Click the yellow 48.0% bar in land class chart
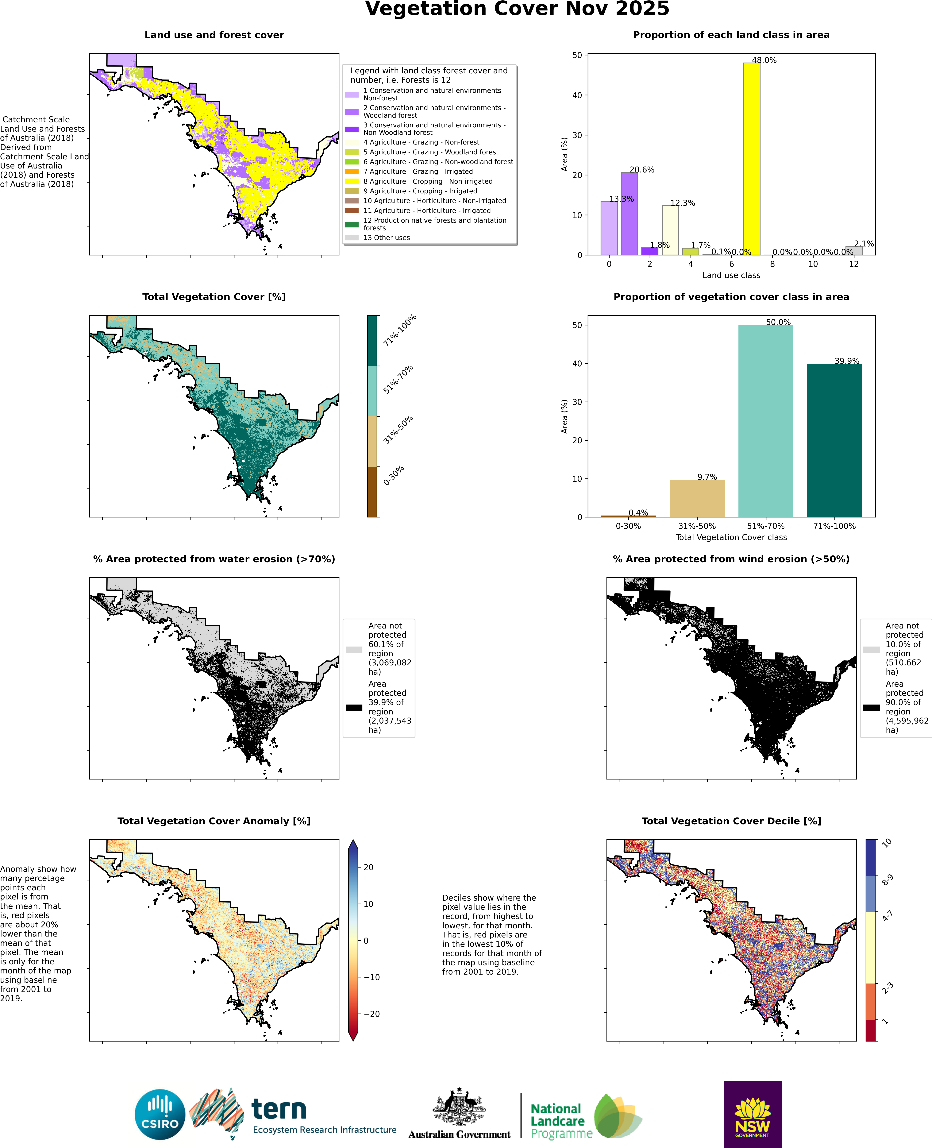[x=752, y=158]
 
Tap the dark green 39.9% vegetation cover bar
[x=834, y=440]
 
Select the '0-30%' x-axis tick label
[x=628, y=526]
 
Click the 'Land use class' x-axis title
[x=731, y=276]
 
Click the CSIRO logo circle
[x=160, y=1115]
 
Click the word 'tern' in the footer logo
[x=279, y=1109]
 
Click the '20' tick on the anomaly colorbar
[x=368, y=867]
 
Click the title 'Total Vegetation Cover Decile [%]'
[x=731, y=821]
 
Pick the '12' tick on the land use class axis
[x=854, y=264]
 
